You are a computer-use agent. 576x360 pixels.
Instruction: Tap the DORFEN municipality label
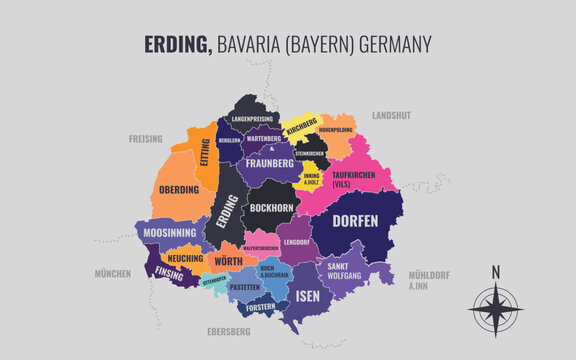coord(355,221)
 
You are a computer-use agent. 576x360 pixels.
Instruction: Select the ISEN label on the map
coord(307,295)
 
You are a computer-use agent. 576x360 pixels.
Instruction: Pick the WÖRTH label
coord(229,261)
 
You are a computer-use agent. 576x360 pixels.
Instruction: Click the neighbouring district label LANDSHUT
coord(391,116)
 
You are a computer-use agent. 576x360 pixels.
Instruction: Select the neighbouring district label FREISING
coord(145,139)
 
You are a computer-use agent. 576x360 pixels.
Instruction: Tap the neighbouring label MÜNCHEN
coord(112,273)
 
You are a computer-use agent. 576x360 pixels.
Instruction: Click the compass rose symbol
coord(494,310)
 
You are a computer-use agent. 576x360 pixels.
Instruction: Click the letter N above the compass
coord(494,271)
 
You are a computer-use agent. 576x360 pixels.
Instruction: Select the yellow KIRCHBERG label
coord(301,131)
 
